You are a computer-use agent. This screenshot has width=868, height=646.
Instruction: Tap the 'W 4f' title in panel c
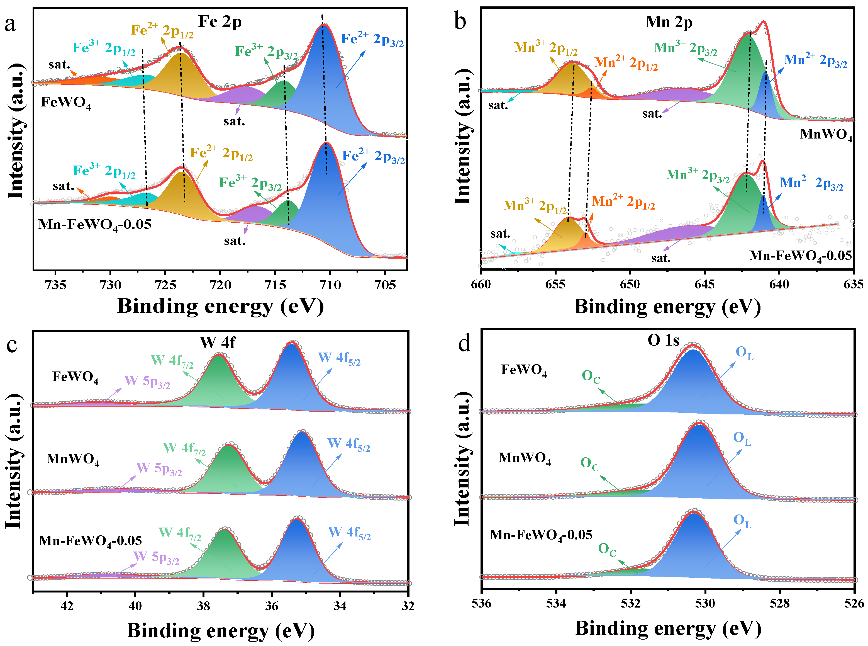pyautogui.click(x=217, y=343)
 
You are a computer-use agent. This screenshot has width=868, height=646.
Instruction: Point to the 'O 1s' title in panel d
pyautogui.click(x=663, y=341)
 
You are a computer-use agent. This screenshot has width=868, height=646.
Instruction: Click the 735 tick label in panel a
pyautogui.click(x=55, y=285)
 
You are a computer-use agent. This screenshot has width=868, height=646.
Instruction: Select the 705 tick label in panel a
pyautogui.click(x=385, y=285)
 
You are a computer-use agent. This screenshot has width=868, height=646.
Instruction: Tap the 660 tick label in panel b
pyautogui.click(x=481, y=284)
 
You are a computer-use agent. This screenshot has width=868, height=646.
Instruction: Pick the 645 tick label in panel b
pyautogui.click(x=705, y=284)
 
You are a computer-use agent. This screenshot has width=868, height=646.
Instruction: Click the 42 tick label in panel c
pyautogui.click(x=67, y=606)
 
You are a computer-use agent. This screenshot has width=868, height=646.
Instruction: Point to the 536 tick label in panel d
pyautogui.click(x=481, y=603)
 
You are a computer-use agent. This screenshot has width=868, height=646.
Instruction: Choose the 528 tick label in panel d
pyautogui.click(x=780, y=603)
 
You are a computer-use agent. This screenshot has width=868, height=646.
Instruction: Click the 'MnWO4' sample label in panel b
pyautogui.click(x=826, y=135)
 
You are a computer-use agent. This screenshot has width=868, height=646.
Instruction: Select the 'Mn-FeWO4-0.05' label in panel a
pyautogui.click(x=95, y=225)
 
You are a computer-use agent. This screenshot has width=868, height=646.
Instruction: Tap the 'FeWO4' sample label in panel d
pyautogui.click(x=524, y=370)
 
